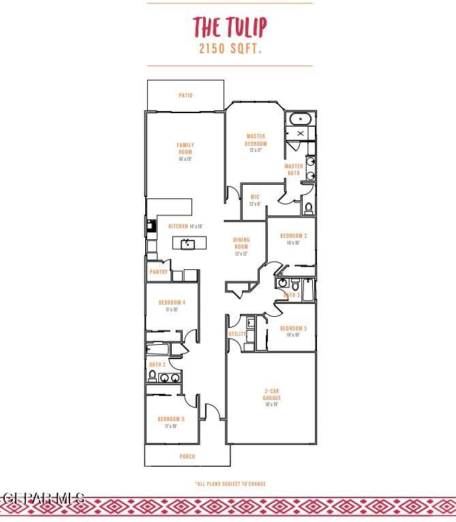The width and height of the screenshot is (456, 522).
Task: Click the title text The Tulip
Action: click(x=230, y=27)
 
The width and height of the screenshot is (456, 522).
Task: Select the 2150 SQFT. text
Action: click(x=230, y=49)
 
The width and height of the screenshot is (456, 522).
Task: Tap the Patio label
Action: click(x=185, y=95)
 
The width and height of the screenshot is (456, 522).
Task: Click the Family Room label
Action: click(x=185, y=148)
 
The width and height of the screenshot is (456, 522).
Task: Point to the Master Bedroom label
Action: click(x=256, y=140)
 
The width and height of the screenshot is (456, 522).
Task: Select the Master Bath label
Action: click(x=294, y=170)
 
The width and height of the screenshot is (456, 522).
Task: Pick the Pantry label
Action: click(x=159, y=272)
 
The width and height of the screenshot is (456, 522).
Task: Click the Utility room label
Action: click(x=237, y=334)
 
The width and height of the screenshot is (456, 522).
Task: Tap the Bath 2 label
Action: click(x=157, y=365)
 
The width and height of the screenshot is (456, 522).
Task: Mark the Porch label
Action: click(x=187, y=457)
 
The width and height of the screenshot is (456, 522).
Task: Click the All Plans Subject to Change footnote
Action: click(x=230, y=484)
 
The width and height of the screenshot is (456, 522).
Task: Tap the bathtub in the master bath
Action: click(x=300, y=119)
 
